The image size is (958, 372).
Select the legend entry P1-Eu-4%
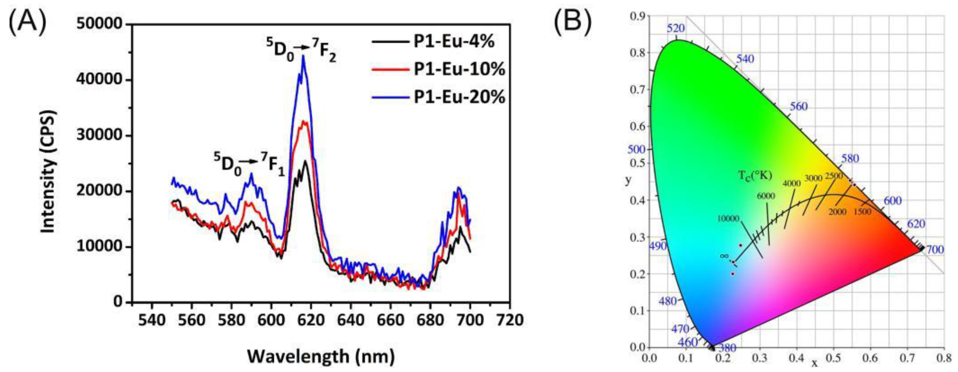pos(454,42)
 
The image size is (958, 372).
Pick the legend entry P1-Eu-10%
pos(459,69)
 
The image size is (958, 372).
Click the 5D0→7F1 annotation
pos(249,164)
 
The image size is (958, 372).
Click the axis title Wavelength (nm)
pos(320,356)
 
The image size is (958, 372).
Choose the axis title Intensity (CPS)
pos(48,172)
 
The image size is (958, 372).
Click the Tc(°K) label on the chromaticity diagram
pos(755,175)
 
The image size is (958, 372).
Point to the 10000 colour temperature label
pos(728,219)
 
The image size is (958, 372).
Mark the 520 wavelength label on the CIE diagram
pos(676,28)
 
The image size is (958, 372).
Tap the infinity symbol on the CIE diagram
pos(724,256)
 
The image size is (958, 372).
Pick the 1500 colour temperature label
pos(862,212)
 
